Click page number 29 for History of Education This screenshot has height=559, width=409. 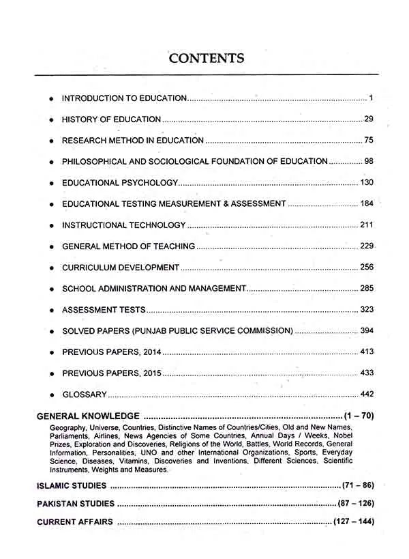click(369, 119)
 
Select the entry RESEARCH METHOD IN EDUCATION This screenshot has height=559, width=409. click(132, 141)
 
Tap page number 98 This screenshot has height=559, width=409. click(369, 162)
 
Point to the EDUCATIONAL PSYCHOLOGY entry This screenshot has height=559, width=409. click(120, 183)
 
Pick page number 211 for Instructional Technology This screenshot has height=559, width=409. click(367, 225)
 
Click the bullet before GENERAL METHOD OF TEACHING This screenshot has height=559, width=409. click(52, 246)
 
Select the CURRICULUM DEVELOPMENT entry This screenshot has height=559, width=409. click(121, 268)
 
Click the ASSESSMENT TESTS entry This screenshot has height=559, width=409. click(104, 310)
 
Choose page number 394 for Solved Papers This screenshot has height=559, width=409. click(367, 331)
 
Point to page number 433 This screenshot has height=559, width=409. click(367, 373)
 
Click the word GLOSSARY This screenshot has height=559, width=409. click(85, 395)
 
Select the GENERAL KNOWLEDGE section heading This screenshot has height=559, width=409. click(88, 415)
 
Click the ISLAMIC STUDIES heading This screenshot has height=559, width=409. click(72, 486)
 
